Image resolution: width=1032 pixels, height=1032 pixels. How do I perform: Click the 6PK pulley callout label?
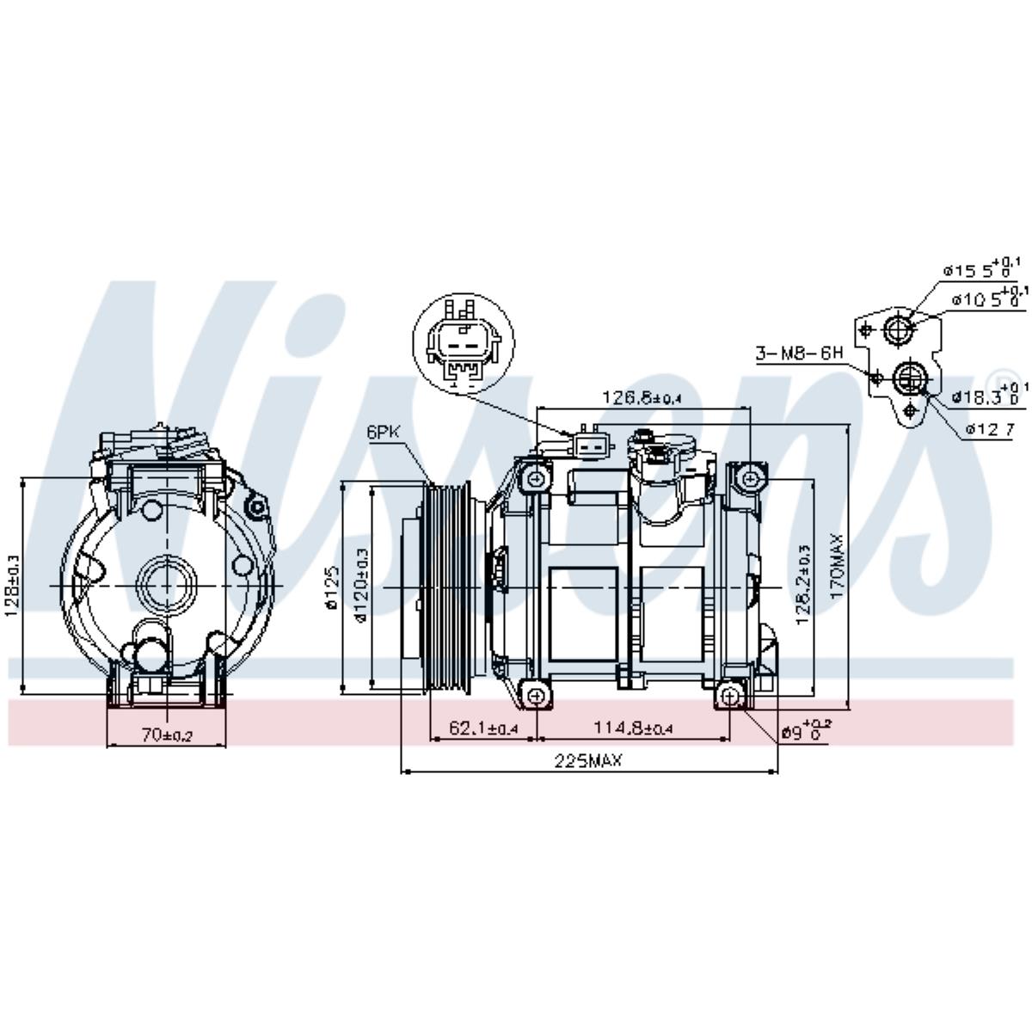click(384, 433)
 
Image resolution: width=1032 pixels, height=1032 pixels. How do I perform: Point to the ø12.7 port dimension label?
click(985, 428)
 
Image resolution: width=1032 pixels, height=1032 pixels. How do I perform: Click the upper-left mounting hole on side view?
click(537, 478)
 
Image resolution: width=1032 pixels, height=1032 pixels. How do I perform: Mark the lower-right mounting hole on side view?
click(729, 695)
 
